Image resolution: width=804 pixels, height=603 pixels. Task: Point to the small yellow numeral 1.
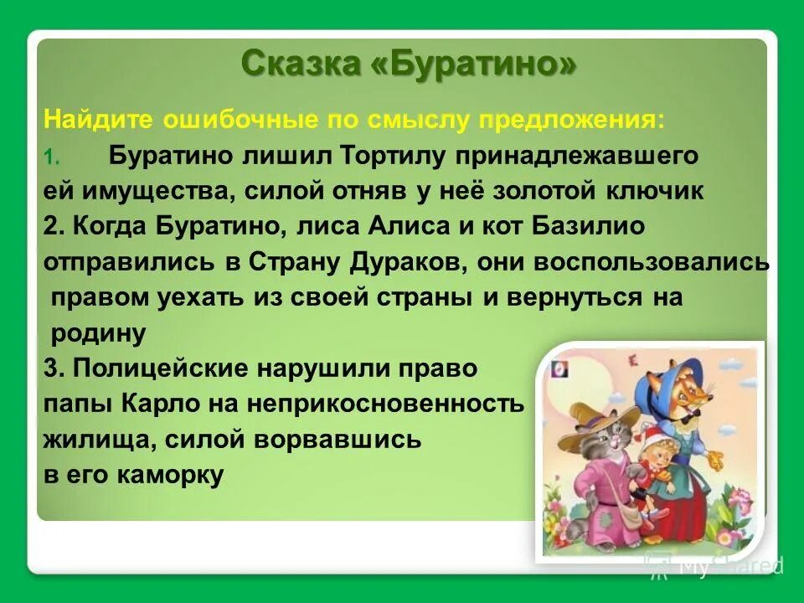coord(49,157)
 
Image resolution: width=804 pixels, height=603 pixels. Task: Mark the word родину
coord(98,333)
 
